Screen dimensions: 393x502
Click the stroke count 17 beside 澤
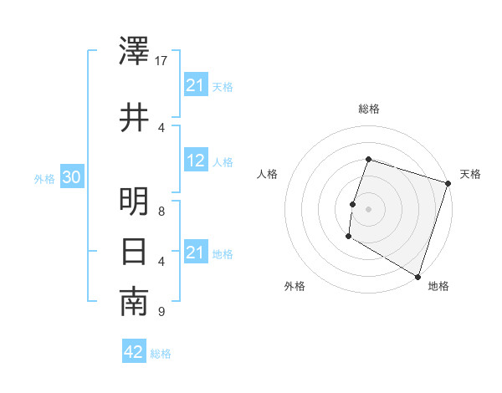[161, 61]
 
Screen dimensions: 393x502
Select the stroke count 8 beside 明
[161, 212]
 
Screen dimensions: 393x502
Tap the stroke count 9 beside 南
[161, 312]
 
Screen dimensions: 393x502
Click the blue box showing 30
[71, 178]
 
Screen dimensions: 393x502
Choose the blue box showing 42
[134, 352]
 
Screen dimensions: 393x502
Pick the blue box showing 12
[196, 161]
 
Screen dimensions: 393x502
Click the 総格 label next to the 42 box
[161, 354]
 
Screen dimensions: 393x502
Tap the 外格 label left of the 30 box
[44, 179]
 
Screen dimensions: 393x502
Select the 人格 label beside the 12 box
[223, 161]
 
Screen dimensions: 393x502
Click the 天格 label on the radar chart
[470, 174]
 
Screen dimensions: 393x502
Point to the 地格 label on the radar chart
[438, 287]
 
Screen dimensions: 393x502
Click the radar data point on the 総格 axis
[368, 160]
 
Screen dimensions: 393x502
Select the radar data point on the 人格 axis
[353, 204]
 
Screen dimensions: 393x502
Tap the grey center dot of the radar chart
[368, 209]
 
